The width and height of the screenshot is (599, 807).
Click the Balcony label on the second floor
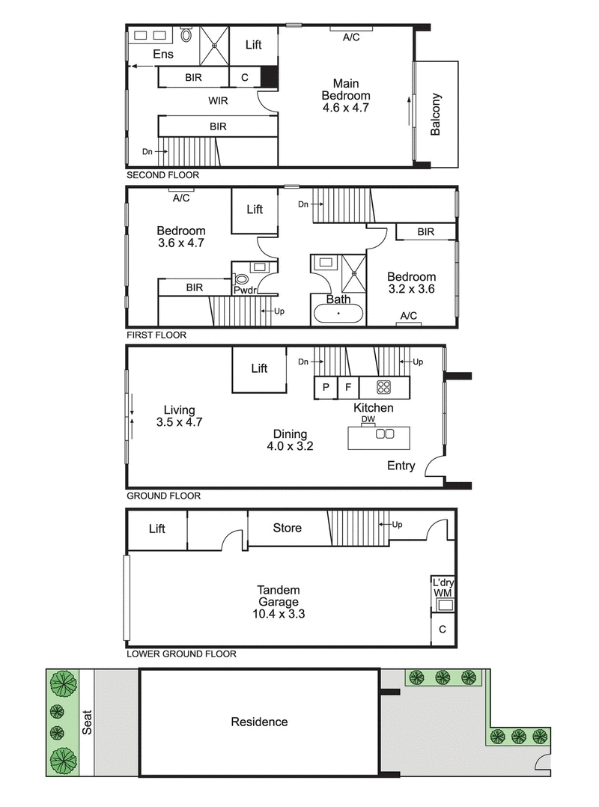(436, 115)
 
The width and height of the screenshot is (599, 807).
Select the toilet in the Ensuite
(186, 35)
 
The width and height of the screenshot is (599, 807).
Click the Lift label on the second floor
(254, 45)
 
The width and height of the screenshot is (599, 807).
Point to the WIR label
(219, 100)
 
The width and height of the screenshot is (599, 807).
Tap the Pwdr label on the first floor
(244, 290)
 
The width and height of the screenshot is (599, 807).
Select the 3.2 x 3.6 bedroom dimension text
(411, 288)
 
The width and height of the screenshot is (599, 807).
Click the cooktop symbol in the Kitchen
(384, 387)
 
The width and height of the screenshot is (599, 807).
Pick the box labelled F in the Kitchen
(347, 387)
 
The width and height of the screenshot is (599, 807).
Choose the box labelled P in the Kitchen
(325, 387)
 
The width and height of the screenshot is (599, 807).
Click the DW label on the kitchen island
(368, 420)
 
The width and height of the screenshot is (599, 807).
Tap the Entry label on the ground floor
(401, 466)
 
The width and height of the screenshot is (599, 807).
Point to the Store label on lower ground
(287, 528)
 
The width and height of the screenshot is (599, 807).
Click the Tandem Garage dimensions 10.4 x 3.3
(280, 614)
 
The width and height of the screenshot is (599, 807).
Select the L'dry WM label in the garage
(442, 588)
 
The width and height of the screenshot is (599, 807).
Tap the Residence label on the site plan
(259, 722)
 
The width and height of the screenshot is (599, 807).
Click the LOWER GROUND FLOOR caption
(181, 654)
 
